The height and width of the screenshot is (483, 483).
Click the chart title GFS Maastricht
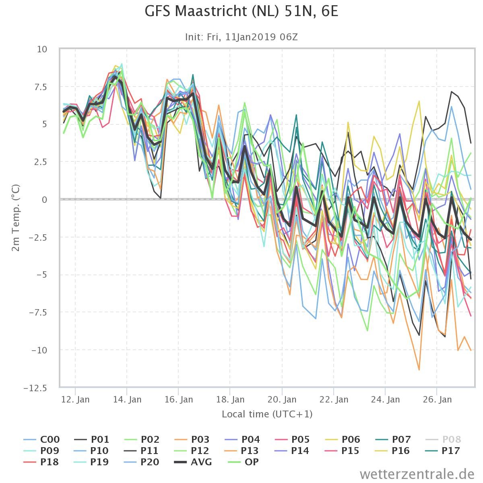(x=242, y=12)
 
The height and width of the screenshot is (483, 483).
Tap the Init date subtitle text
(x=242, y=37)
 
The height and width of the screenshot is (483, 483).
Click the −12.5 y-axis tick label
(x=35, y=388)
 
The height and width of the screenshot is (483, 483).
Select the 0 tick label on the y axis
(x=44, y=200)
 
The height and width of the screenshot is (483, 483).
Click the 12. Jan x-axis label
(x=76, y=400)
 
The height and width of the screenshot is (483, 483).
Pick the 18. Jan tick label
(x=230, y=400)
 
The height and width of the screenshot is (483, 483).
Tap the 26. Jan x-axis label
(x=437, y=400)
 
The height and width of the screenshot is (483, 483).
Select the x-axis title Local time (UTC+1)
(x=267, y=414)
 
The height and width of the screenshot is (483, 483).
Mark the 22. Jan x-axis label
(x=334, y=400)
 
